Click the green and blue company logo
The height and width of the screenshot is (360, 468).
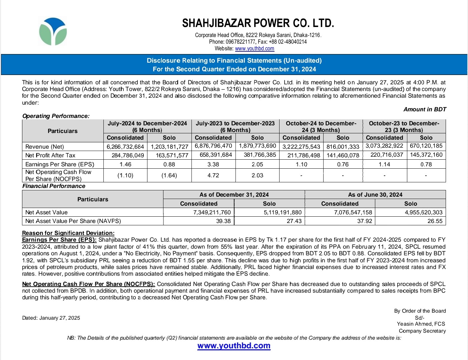(53, 32)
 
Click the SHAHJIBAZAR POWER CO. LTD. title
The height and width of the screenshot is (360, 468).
(258, 23)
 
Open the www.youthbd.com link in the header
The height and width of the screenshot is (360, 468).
(255, 49)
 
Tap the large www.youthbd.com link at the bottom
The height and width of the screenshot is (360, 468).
(234, 346)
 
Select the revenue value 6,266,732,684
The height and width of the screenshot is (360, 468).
(125, 147)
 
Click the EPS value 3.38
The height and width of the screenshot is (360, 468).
(213, 164)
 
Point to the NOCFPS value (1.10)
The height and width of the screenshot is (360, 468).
(125, 175)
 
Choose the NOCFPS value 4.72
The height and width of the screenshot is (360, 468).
(213, 175)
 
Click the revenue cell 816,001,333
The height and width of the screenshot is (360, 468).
(343, 147)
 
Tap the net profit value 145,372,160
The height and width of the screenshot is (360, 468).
(426, 155)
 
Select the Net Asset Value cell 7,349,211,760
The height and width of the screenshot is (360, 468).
(212, 212)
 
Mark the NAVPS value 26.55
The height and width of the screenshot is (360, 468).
(435, 221)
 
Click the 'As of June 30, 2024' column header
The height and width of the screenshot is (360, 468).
(375, 195)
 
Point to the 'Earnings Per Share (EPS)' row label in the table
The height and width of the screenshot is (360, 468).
(60, 164)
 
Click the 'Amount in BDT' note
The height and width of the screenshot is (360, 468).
(425, 109)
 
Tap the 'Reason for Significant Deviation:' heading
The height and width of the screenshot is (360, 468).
(68, 233)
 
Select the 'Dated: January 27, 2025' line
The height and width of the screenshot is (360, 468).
(51, 318)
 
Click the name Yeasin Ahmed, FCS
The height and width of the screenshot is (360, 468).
(421, 324)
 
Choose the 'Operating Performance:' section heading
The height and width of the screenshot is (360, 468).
(56, 116)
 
